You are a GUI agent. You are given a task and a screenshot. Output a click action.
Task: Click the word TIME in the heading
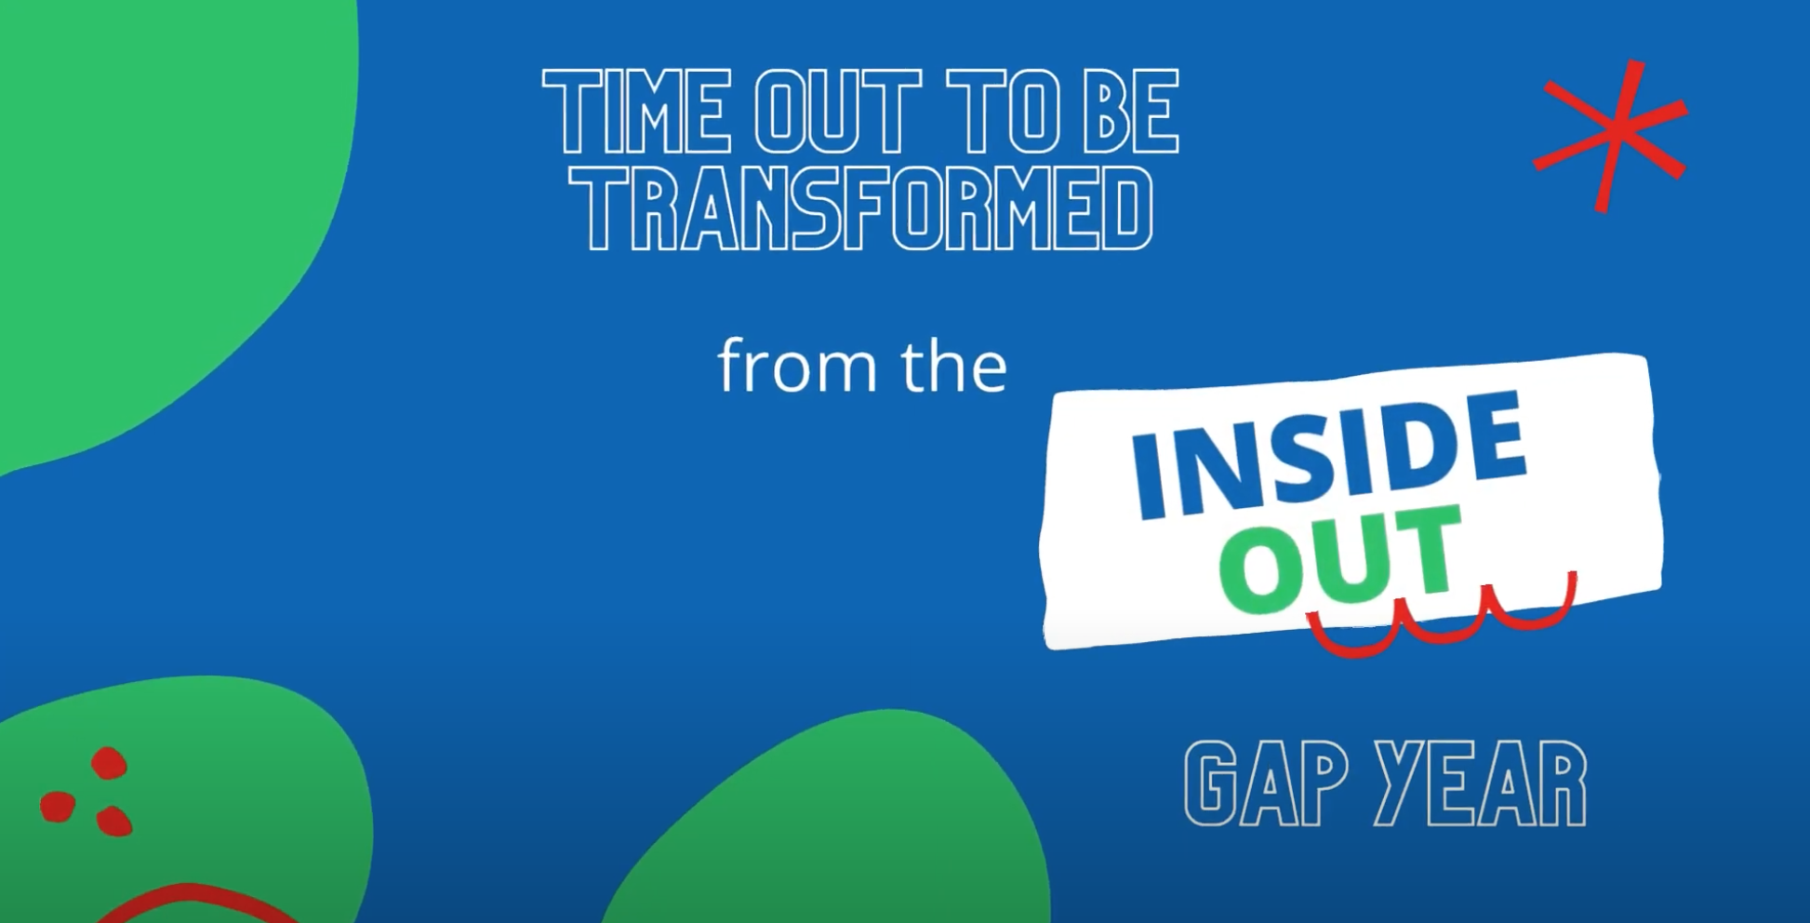pos(636,111)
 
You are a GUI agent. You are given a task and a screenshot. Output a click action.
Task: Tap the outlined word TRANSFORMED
pos(861,209)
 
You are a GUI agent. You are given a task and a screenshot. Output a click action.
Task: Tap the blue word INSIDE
pos(1328,456)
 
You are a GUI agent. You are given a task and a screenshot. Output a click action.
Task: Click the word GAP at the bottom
pos(1266,783)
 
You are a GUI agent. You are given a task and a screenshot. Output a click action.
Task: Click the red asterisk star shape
pos(1611,137)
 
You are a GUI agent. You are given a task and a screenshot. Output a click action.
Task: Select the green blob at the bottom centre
pos(828,819)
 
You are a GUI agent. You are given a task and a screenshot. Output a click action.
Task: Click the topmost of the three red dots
pos(109,763)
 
